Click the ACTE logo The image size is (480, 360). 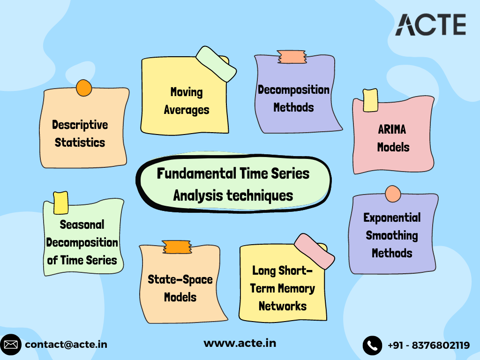tap(430, 25)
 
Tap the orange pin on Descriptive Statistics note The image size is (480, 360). tap(84, 88)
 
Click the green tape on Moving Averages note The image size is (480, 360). tap(216, 64)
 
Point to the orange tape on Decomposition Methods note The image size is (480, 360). tap(292, 57)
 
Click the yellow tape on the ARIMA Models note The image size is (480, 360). tap(370, 100)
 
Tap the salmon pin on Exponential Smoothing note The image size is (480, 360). tap(392, 194)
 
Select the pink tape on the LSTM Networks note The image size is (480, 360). tap(314, 251)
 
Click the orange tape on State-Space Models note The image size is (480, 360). tap(177, 247)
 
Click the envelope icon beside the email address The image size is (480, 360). tap(11, 345)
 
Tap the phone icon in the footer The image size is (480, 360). tap(372, 345)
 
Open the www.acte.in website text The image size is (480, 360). tap(240, 343)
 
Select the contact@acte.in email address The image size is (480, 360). tap(66, 345)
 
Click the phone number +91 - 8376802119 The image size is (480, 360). tap(428, 345)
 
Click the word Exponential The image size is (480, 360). tap(392, 217)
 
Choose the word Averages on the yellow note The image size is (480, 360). tap(187, 110)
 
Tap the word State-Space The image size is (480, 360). tap(180, 279)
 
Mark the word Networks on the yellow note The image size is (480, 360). tap(282, 306)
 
